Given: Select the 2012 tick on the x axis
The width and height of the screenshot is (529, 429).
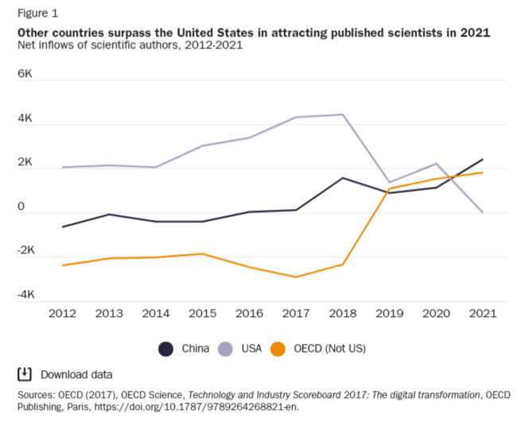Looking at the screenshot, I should pyautogui.click(x=62, y=314).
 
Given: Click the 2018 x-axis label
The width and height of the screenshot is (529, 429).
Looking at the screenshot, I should pyautogui.click(x=342, y=314).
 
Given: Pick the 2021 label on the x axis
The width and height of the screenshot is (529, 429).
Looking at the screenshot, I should pyautogui.click(x=482, y=314).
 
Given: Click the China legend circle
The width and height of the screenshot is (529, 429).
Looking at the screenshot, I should pyautogui.click(x=166, y=348).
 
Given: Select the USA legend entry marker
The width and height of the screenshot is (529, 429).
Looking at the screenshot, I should pyautogui.click(x=225, y=348).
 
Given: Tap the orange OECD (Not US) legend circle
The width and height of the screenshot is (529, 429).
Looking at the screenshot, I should pyautogui.click(x=278, y=348).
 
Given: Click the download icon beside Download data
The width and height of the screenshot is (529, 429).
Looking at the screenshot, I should pyautogui.click(x=25, y=374).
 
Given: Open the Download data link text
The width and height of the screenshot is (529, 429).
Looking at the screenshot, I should pyautogui.click(x=76, y=374).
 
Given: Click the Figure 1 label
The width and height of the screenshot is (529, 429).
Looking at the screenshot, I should pyautogui.click(x=37, y=13).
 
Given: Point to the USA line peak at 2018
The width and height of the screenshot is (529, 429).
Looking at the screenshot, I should pyautogui.click(x=342, y=114).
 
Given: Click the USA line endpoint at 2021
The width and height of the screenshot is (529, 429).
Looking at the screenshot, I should pyautogui.click(x=482, y=212).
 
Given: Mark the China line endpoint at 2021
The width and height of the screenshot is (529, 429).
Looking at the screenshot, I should pyautogui.click(x=482, y=160).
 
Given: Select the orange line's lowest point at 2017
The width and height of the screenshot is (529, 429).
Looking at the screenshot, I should pyautogui.click(x=296, y=277).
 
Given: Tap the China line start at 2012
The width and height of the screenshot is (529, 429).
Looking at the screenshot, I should pyautogui.click(x=62, y=227).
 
